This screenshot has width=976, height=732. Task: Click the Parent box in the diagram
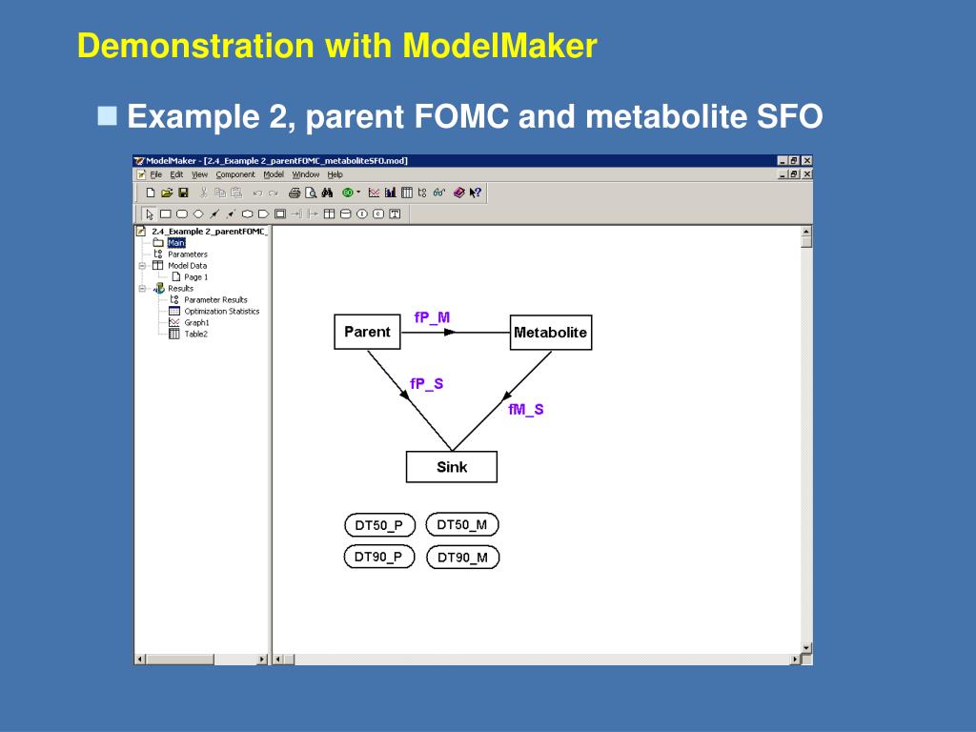pyautogui.click(x=367, y=332)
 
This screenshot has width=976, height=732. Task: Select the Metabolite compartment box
pyautogui.click(x=550, y=333)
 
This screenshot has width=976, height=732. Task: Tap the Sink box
pyautogui.click(x=452, y=467)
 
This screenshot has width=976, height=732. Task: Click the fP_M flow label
pyautogui.click(x=432, y=317)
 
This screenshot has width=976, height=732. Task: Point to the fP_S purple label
pyautogui.click(x=426, y=384)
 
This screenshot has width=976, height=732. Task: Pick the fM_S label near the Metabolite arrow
pyautogui.click(x=526, y=409)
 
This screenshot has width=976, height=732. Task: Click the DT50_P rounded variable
pyautogui.click(x=378, y=525)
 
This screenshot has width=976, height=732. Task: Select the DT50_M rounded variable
pyautogui.click(x=461, y=524)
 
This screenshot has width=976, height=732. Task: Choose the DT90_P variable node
pyautogui.click(x=378, y=557)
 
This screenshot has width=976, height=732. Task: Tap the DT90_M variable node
pyautogui.click(x=462, y=558)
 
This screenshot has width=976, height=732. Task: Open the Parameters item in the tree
pyautogui.click(x=187, y=254)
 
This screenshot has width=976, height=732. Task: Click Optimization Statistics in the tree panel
pyautogui.click(x=221, y=311)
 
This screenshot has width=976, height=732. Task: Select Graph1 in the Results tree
pyautogui.click(x=196, y=322)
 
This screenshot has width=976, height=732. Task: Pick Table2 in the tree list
pyautogui.click(x=195, y=334)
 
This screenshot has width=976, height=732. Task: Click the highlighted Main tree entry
pyautogui.click(x=176, y=243)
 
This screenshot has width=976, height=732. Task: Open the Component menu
pyautogui.click(x=235, y=174)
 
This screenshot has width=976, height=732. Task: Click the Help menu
pyautogui.click(x=335, y=174)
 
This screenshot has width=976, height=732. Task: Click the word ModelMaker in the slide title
pyautogui.click(x=499, y=45)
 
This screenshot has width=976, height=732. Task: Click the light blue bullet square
pyautogui.click(x=108, y=116)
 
